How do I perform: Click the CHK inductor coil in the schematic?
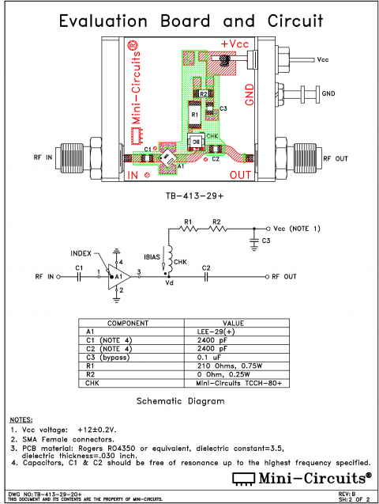point(169,258)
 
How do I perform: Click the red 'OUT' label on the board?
point(241,174)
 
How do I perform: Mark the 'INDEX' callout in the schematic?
point(81,254)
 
